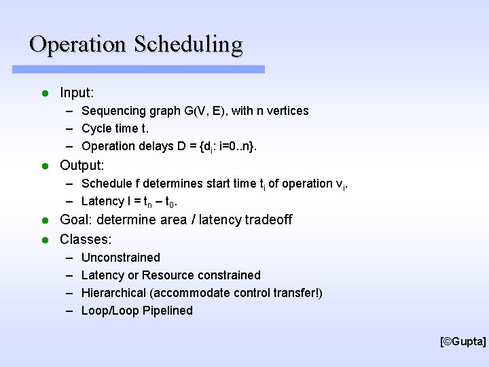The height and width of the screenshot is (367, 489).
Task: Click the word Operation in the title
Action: point(78,44)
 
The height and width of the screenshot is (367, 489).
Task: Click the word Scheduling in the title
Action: point(188,46)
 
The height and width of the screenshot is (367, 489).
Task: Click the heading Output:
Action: point(81,165)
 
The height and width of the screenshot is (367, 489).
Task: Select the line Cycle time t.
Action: point(115,128)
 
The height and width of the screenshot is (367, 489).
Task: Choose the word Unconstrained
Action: point(120,258)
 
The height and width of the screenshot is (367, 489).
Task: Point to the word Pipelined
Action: point(168,311)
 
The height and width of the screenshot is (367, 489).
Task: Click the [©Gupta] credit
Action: point(463,342)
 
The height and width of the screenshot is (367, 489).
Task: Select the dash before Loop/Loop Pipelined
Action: point(70,311)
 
